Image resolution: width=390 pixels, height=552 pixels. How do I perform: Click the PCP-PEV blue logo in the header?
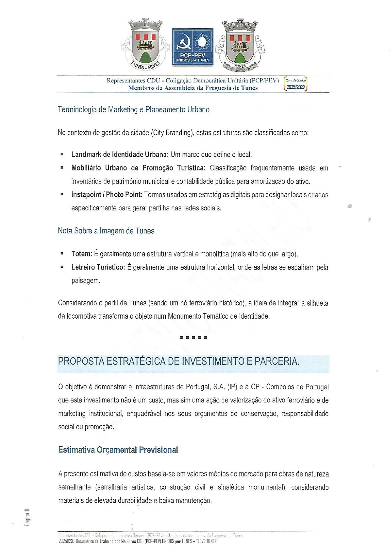[192, 47]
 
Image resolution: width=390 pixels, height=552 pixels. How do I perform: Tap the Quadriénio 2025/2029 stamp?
[295, 84]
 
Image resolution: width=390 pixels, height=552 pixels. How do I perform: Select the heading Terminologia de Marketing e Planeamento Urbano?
[133, 109]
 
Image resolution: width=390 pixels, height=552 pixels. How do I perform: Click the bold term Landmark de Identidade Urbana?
[120, 154]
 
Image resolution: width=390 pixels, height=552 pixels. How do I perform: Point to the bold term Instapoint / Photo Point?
[107, 195]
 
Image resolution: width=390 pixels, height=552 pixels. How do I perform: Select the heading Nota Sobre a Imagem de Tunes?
[106, 231]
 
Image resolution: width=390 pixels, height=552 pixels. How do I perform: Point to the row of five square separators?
[193, 337]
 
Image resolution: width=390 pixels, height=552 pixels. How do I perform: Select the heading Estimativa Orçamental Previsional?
[118, 450]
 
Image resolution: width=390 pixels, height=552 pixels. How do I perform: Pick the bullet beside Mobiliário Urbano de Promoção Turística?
[62, 168]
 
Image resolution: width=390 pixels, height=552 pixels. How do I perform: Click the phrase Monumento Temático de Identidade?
[219, 316]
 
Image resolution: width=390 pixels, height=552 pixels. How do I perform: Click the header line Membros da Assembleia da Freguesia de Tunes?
[193, 88]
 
